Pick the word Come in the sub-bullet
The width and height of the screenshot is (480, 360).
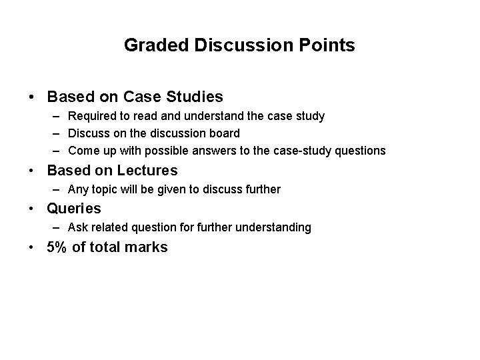coord(83,151)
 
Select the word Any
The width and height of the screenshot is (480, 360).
coord(77,189)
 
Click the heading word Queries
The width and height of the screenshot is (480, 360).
coord(73,208)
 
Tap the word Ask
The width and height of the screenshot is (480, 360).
coord(78,228)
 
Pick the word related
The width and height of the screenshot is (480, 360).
coord(112,228)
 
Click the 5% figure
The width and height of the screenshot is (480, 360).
coord(57,247)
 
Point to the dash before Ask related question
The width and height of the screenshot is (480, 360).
coord(58,228)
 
